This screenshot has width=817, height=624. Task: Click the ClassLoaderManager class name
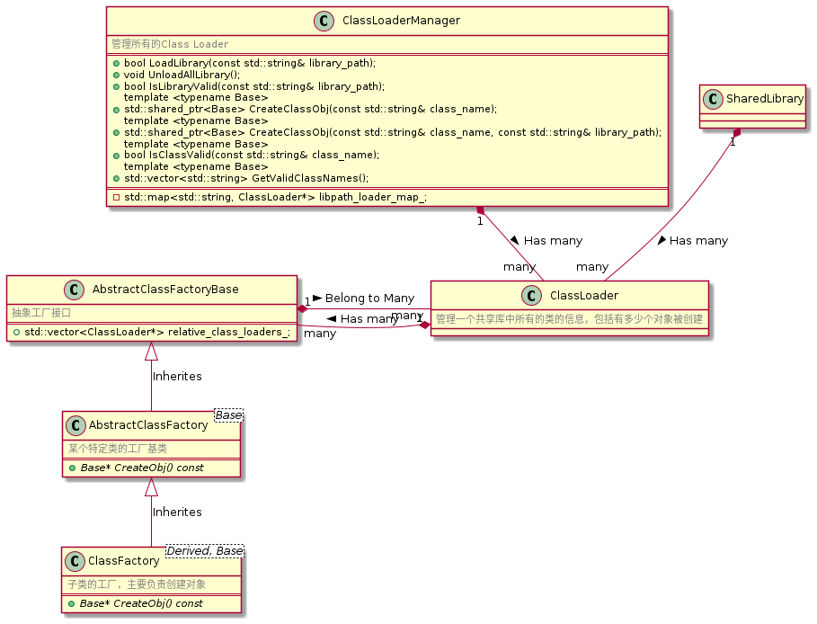pyautogui.click(x=402, y=21)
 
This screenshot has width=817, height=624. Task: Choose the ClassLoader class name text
pyautogui.click(x=583, y=295)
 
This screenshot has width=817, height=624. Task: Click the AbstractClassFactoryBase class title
pyautogui.click(x=165, y=290)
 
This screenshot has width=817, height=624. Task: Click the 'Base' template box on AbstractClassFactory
pyautogui.click(x=227, y=415)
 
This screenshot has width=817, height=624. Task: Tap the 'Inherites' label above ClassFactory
pyautogui.click(x=177, y=512)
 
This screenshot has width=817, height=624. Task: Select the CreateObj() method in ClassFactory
pyautogui.click(x=141, y=603)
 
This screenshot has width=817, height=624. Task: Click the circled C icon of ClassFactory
pyautogui.click(x=76, y=561)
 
